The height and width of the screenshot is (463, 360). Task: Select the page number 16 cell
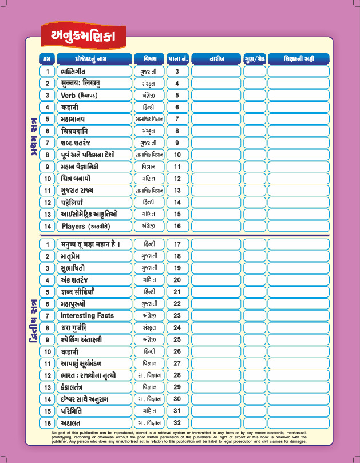point(177,226)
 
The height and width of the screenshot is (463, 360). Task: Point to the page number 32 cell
point(177,422)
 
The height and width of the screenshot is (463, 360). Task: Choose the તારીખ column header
point(217,58)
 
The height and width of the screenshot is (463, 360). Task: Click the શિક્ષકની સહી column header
point(298,58)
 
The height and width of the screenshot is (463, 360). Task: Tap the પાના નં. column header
point(177,58)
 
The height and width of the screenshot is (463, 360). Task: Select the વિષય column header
point(149,58)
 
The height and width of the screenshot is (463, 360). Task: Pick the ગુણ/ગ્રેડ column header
point(254,58)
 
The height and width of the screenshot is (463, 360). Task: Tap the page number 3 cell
point(177,72)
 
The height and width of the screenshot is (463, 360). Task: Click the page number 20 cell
point(177,280)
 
